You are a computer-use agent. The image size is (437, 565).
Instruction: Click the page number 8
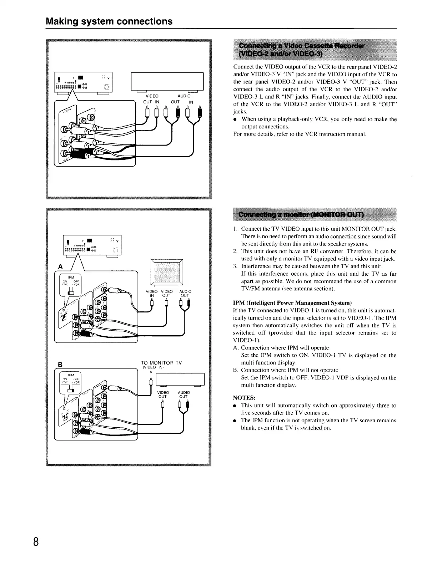point(36,541)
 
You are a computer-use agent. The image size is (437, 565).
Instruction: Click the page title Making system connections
point(109,21)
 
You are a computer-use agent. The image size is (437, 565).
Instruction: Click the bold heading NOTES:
point(244,398)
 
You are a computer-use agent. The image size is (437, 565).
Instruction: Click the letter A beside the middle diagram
point(61,267)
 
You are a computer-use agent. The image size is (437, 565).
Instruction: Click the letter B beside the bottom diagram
point(60,365)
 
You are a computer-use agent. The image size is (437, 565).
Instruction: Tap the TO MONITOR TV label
point(161,363)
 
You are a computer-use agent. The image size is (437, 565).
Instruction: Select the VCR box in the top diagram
point(167,81)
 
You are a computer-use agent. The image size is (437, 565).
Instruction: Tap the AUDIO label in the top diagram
point(184,96)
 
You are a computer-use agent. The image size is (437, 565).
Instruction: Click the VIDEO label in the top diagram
point(152,96)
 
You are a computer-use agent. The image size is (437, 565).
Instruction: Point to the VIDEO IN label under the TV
point(152,293)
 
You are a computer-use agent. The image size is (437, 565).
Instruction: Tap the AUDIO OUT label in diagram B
point(184,394)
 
